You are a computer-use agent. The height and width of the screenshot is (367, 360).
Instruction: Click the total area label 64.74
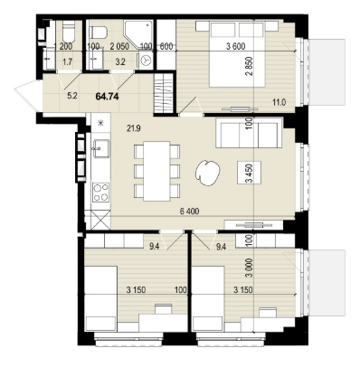point(107,97)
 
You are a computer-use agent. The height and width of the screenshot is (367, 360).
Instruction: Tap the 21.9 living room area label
point(134,129)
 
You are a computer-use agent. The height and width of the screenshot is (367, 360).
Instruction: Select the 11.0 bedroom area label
point(279,102)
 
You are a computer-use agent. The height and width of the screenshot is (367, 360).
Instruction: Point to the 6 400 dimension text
point(189,212)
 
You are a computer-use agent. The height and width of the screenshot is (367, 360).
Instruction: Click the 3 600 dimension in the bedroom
point(235,46)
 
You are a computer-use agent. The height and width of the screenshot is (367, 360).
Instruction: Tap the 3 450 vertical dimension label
point(249,173)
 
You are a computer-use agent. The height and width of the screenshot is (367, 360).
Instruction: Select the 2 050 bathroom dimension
point(119,46)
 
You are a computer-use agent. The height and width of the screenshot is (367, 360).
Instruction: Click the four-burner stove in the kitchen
point(100,193)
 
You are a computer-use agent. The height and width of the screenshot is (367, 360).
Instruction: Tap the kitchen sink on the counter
point(100,148)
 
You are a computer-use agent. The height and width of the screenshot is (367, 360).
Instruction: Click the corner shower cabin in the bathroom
point(138,33)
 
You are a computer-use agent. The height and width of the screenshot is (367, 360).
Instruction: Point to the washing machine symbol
point(147,61)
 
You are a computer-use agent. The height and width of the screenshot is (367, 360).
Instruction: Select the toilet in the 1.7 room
point(69,33)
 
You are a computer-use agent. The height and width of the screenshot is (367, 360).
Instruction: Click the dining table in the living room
point(156,171)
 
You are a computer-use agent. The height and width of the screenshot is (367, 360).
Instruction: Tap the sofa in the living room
point(249,133)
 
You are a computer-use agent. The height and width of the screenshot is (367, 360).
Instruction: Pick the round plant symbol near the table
point(207,173)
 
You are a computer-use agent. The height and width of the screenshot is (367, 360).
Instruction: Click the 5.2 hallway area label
point(72,96)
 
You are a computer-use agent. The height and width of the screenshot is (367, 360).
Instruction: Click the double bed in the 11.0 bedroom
point(237,54)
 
